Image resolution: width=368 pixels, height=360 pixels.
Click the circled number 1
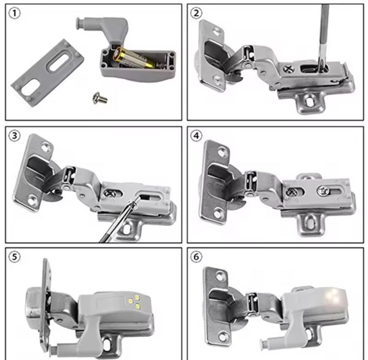click(14, 13)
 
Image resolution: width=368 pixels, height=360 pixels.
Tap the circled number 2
click(196, 13)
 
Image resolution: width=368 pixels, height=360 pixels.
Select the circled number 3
click(14, 136)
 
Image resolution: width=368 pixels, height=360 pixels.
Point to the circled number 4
click(196, 136)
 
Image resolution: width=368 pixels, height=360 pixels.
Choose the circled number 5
click(14, 257)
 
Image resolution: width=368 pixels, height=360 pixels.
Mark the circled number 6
click(196, 257)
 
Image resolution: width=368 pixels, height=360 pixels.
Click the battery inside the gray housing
click(133, 58)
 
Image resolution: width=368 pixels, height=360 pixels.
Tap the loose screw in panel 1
click(100, 98)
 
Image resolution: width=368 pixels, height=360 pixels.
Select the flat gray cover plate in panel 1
click(48, 73)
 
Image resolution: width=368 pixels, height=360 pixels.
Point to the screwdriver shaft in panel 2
click(323, 35)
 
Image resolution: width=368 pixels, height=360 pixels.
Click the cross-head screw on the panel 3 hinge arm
click(109, 194)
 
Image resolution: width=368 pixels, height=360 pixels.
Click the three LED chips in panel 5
click(134, 302)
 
